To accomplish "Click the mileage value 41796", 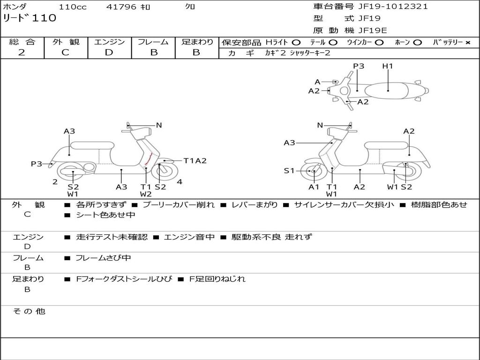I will coord(121,7).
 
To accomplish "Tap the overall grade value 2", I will coord(22,52).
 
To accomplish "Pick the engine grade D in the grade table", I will coord(109,52).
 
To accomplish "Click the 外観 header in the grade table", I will coord(66,42).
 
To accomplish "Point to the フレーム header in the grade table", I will coord(153,42).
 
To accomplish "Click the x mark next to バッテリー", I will coord(467,43).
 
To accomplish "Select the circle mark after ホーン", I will coord(417,43).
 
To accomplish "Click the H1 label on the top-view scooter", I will coord(387,66).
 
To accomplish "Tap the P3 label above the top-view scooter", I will coord(359,66).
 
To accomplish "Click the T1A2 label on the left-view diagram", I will coord(195,161).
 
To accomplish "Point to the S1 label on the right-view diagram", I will coord(289,171).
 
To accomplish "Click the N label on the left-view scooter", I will coord(159,125).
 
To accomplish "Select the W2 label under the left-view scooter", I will coord(146,194).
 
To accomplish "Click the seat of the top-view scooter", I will coord(388,90).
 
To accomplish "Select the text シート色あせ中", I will coord(105,215).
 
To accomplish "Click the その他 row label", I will coord(29,311).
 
